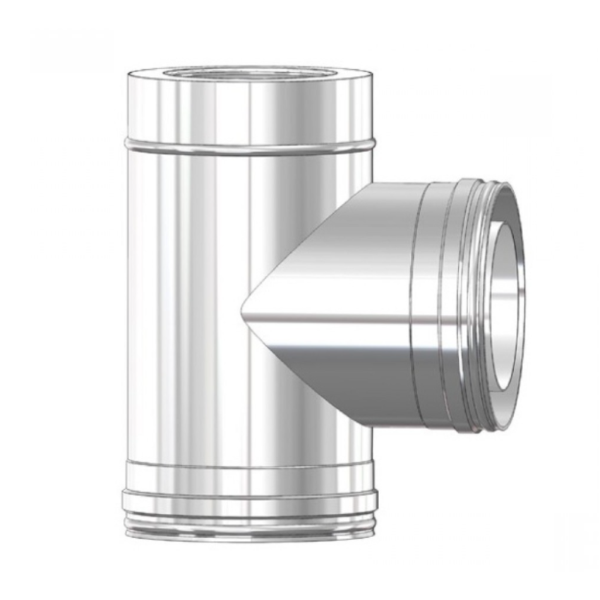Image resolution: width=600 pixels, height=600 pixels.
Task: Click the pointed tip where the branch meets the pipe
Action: tap(244, 309)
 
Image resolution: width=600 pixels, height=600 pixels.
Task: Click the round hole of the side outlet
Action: tap(510, 304)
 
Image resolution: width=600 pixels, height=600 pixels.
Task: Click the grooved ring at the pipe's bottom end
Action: tap(247, 526)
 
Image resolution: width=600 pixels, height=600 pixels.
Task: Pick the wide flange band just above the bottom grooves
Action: tap(247, 503)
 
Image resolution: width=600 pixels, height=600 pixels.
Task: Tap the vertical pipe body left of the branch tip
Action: tap(184, 311)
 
